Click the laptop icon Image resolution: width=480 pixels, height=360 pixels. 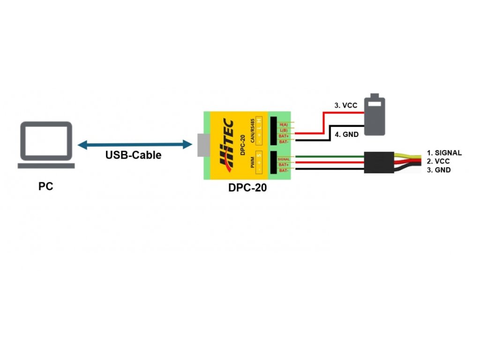(x=46, y=144)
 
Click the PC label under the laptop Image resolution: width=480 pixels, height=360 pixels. (x=45, y=187)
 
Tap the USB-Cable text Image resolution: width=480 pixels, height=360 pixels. (x=133, y=155)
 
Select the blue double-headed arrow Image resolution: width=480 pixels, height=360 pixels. (x=135, y=145)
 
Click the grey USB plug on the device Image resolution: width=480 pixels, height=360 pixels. (x=201, y=145)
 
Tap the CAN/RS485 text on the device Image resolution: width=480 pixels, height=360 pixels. (x=253, y=129)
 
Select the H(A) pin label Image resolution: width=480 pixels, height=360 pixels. (x=284, y=124)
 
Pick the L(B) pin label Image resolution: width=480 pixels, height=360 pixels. (x=284, y=130)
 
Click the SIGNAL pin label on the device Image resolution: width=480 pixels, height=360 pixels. (x=284, y=159)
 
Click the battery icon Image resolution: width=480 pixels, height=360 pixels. (x=375, y=115)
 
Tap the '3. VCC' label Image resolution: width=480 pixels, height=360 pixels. (x=346, y=105)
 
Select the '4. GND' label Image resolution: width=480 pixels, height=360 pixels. (x=347, y=135)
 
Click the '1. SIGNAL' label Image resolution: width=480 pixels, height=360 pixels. (x=444, y=153)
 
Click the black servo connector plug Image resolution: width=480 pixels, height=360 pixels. (x=379, y=162)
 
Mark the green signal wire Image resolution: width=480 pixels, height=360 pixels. (x=328, y=157)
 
